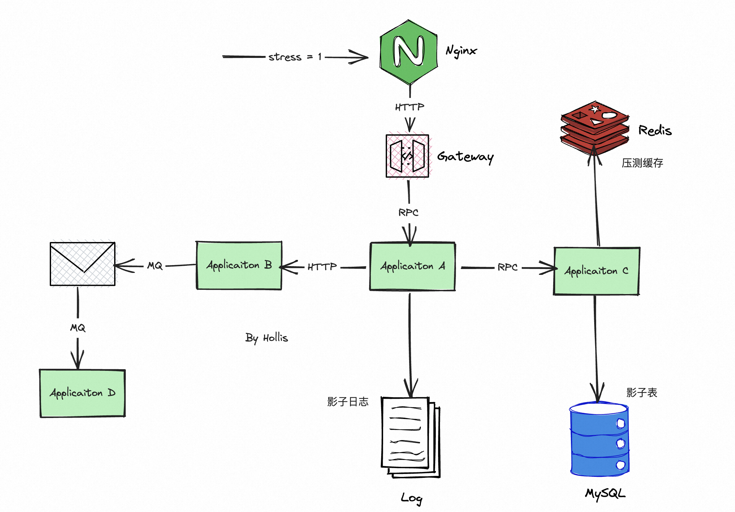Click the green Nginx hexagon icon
click(x=408, y=52)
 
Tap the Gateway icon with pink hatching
click(x=407, y=156)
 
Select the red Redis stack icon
click(x=595, y=127)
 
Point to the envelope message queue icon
click(x=83, y=264)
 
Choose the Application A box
click(x=412, y=266)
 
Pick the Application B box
click(x=239, y=265)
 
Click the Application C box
click(x=596, y=271)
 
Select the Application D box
click(x=82, y=393)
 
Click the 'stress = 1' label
click(x=295, y=57)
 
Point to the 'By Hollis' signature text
click(x=266, y=338)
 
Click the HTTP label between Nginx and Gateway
click(x=409, y=107)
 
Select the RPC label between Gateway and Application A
click(x=408, y=213)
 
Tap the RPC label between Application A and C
click(x=507, y=267)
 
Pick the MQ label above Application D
click(x=78, y=328)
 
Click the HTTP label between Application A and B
click(x=322, y=267)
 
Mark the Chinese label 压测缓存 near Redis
click(x=642, y=163)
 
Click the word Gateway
click(x=465, y=157)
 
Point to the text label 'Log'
click(x=411, y=498)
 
